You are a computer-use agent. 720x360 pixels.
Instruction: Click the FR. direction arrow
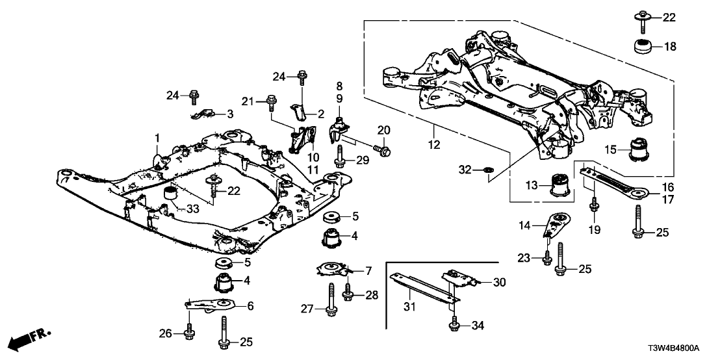pos(31,338)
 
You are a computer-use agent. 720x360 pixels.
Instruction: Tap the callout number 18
pos(669,46)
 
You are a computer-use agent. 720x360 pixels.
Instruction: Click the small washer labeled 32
pos(489,171)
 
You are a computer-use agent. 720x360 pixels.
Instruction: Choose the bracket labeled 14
pos(556,225)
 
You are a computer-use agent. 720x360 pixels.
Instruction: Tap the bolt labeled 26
pos(189,330)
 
